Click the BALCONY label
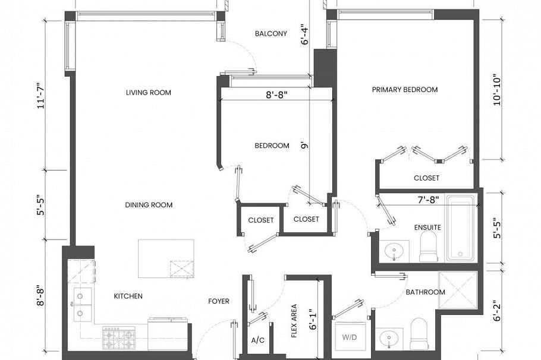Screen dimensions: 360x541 270,34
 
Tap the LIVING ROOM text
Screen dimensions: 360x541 148,93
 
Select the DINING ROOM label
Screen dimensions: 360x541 149,205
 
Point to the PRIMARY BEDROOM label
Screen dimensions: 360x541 404,90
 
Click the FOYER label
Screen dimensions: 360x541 218,301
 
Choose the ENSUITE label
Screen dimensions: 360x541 427,228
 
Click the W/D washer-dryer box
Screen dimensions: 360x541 349,337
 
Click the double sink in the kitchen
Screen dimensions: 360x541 82,304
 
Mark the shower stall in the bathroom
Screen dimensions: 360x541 458,290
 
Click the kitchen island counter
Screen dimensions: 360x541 166,258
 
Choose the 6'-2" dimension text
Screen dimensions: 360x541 495,310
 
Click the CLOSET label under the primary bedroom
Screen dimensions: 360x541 426,178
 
